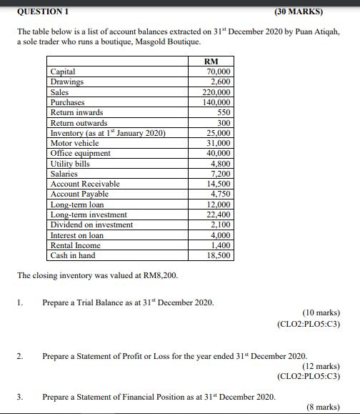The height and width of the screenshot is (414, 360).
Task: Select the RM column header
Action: (x=212, y=61)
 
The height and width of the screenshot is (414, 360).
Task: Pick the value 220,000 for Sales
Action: (x=217, y=92)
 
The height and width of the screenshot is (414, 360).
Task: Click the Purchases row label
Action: (x=67, y=102)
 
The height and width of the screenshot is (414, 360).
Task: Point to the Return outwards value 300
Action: (x=224, y=123)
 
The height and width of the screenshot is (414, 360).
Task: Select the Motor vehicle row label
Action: (x=74, y=143)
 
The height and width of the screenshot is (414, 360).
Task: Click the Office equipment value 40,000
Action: (x=219, y=153)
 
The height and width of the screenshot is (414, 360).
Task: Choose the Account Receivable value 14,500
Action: (x=219, y=184)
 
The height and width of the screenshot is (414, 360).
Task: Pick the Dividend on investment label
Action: (x=91, y=225)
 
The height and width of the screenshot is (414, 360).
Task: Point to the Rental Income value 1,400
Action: (x=221, y=245)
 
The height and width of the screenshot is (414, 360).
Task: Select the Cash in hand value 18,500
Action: (x=219, y=255)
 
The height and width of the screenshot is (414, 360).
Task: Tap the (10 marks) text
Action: (x=321, y=312)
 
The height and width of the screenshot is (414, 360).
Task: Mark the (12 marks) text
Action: (x=321, y=365)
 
